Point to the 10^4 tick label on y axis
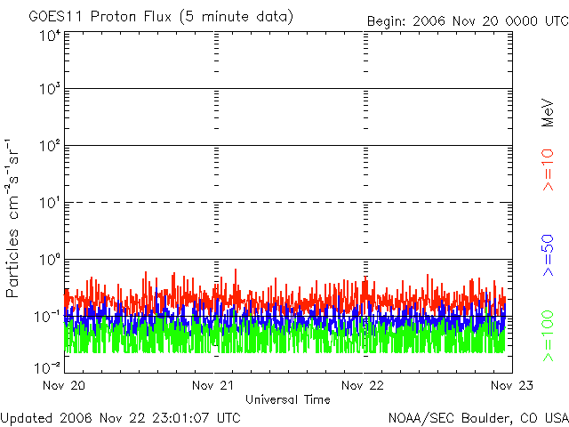(x=50, y=36)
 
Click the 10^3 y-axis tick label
(x=50, y=89)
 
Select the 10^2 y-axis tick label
(x=50, y=146)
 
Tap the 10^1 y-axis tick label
(x=50, y=203)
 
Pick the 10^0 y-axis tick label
(x=50, y=260)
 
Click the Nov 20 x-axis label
(x=65, y=385)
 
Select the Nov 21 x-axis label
(x=214, y=385)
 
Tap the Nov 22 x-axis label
(x=365, y=385)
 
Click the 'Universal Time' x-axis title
(x=288, y=399)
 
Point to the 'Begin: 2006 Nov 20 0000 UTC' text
(x=466, y=20)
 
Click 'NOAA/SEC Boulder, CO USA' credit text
(x=477, y=417)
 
